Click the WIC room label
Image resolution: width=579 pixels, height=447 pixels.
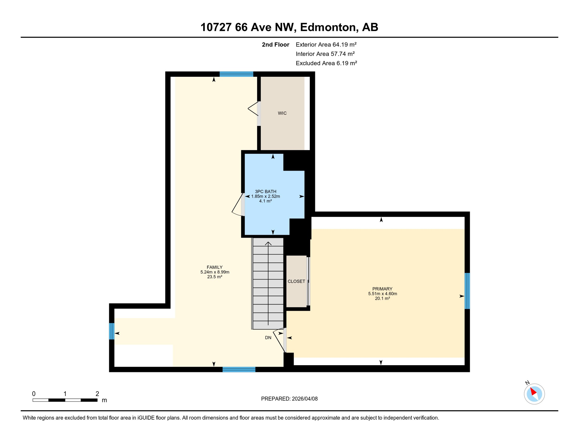pyautogui.click(x=282, y=113)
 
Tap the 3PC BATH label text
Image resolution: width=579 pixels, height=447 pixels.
pyautogui.click(x=265, y=191)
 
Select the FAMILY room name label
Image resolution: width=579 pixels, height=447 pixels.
pyautogui.click(x=215, y=267)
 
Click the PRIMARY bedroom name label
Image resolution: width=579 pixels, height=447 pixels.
pyautogui.click(x=382, y=289)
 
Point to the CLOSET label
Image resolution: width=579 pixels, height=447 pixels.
pyautogui.click(x=296, y=281)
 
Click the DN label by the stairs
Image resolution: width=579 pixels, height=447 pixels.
pyautogui.click(x=268, y=338)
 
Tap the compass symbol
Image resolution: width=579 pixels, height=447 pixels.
pyautogui.click(x=534, y=394)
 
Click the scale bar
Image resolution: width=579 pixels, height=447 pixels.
pyautogui.click(x=65, y=400)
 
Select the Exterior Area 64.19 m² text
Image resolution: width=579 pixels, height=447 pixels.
pyautogui.click(x=326, y=45)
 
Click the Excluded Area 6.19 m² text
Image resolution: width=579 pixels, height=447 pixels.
pyautogui.click(x=326, y=63)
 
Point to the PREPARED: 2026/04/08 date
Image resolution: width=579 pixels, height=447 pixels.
pyautogui.click(x=289, y=399)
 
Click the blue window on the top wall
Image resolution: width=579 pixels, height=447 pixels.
pyautogui.click(x=236, y=74)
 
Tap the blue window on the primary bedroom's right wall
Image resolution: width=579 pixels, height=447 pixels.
pyautogui.click(x=467, y=291)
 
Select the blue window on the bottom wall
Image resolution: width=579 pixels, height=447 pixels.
pyautogui.click(x=239, y=369)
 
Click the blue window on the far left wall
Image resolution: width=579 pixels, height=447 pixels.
pyautogui.click(x=112, y=331)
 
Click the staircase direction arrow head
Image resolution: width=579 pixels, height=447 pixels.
pyautogui.click(x=268, y=243)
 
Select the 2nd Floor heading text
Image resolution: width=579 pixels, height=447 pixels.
pyautogui.click(x=275, y=45)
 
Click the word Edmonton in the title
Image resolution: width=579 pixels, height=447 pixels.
pyautogui.click(x=329, y=27)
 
